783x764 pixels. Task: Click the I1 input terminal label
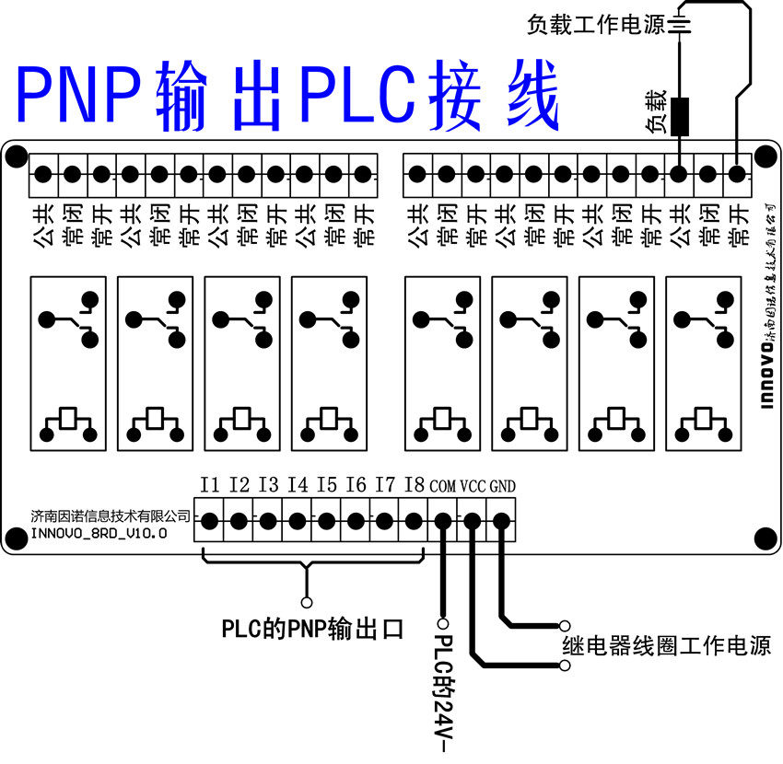tap(210, 483)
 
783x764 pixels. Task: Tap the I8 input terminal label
tap(414, 483)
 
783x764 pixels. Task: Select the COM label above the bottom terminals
tap(443, 484)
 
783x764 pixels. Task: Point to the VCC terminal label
tap(473, 484)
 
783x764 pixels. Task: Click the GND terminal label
tap(502, 484)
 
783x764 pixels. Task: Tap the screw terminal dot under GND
tap(501, 522)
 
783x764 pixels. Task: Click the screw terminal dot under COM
tap(443, 522)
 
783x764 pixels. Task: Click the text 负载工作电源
tap(596, 25)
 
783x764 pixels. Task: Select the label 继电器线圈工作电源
tap(666, 643)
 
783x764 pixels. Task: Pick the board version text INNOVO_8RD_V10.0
tap(99, 532)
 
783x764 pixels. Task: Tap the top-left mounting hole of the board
tap(16, 157)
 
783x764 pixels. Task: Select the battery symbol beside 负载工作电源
tap(680, 25)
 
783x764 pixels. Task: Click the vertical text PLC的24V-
tap(443, 686)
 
